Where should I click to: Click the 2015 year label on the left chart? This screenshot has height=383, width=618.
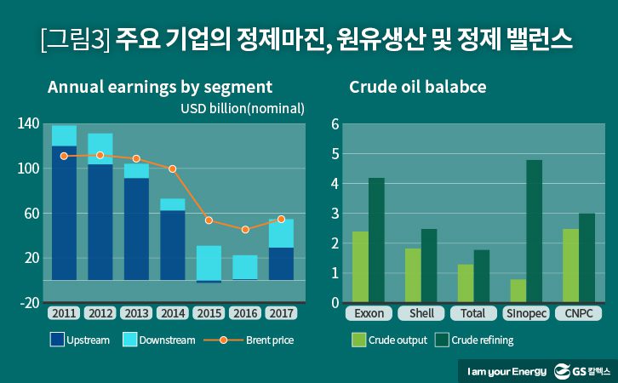[209, 313]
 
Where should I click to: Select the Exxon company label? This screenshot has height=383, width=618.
[369, 313]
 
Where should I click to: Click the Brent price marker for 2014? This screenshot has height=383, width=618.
[173, 169]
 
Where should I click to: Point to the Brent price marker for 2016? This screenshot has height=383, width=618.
[245, 230]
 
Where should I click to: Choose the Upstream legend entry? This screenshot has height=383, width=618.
[80, 340]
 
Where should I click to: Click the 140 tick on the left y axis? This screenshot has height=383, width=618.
[28, 124]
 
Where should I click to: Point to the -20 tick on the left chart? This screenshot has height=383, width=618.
[28, 302]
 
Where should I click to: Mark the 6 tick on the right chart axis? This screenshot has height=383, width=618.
[335, 124]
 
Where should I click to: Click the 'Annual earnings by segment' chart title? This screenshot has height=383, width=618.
[160, 87]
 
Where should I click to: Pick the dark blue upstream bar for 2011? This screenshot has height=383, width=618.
[64, 213]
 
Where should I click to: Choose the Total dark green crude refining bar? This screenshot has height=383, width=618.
[482, 276]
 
